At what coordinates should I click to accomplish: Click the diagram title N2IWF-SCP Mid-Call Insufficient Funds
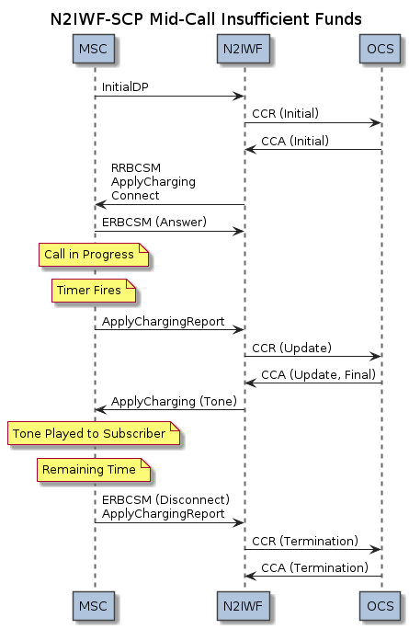click(206, 19)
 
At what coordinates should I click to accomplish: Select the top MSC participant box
click(94, 49)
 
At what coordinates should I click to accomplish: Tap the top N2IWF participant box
click(243, 49)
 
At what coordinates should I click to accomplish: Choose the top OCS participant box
click(380, 49)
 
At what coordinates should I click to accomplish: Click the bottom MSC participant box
click(94, 606)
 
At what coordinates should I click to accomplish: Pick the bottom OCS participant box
click(380, 606)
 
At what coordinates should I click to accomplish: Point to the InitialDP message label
click(125, 87)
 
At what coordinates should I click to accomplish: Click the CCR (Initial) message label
click(286, 113)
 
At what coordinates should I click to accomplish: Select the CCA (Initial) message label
click(295, 141)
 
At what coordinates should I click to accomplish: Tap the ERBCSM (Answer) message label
click(154, 222)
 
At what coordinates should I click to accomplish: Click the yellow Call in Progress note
click(94, 255)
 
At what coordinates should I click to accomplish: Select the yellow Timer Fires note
click(94, 291)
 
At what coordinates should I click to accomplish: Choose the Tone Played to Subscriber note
click(94, 433)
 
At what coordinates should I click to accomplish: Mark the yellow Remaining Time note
click(94, 469)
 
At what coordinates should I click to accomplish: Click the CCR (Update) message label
click(292, 348)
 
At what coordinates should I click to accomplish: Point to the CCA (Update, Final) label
click(318, 374)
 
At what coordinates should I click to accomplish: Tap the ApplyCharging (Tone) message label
click(174, 402)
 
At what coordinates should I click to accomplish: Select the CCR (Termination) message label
click(305, 541)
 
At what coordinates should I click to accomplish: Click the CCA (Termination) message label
click(314, 568)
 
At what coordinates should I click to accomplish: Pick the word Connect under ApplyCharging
click(135, 196)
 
